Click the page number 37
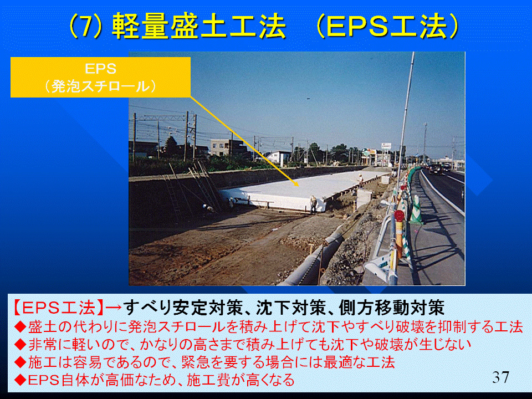501,377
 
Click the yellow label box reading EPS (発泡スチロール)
100,78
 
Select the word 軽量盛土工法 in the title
199,26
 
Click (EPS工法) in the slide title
387,26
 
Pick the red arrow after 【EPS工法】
114,308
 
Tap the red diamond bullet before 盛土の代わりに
21,327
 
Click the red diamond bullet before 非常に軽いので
21,344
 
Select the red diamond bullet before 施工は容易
21,362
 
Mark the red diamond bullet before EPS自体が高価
21,380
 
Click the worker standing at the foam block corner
314,204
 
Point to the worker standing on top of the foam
360,179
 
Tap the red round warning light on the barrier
400,216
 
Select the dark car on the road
436,169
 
